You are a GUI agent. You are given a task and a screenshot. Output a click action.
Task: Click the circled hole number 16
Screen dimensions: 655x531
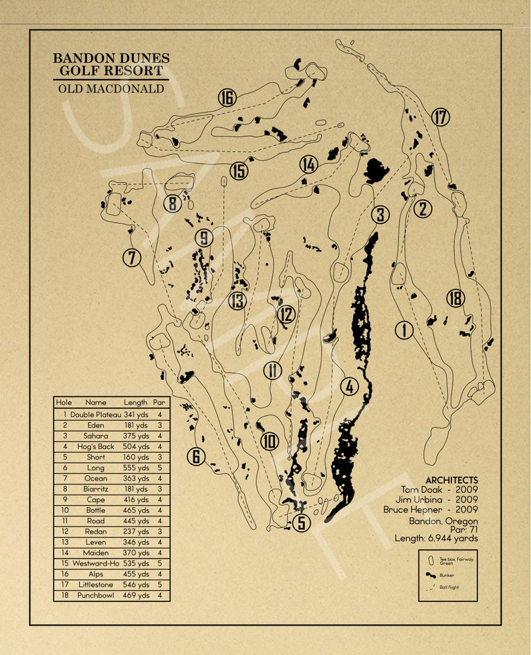coord(227,98)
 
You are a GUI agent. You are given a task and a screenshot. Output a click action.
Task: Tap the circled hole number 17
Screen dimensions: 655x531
coord(440,118)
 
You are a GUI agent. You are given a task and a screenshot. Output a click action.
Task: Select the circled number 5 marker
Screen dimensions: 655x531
coord(302,523)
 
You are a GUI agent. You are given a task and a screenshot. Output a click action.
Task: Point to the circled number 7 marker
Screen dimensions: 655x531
coord(132,258)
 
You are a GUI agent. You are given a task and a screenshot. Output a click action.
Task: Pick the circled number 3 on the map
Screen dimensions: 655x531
coord(380,215)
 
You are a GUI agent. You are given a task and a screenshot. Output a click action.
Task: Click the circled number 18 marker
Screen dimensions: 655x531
coord(455,298)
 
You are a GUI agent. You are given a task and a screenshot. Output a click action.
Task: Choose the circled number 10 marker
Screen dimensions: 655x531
coord(270,442)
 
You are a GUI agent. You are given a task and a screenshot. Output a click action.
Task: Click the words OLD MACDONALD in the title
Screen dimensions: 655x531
coord(111,88)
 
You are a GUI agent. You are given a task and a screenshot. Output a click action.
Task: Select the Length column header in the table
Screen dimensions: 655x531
coord(136,403)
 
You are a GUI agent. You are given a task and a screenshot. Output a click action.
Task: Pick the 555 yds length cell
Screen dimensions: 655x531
coord(136,468)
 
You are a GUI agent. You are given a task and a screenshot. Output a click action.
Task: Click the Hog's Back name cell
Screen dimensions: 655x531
coord(96,446)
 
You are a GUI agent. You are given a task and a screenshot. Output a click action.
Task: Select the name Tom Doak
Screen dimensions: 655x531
coord(417,490)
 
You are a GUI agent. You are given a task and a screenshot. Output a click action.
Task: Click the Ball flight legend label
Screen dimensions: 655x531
coord(449,587)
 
